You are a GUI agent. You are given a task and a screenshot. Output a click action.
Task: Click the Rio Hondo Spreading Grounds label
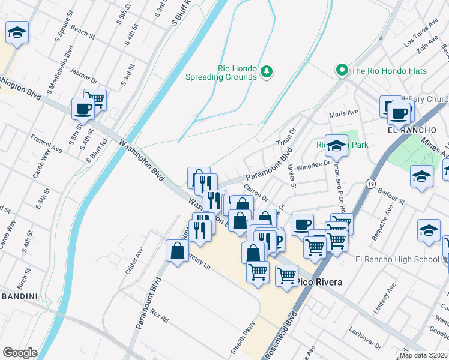pos(221,72)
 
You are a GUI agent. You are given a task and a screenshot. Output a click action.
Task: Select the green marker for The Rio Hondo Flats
pos(342,71)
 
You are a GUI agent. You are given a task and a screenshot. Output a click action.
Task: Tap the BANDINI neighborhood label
pos(19,296)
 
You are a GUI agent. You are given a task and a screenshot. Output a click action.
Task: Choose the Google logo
pos(20,353)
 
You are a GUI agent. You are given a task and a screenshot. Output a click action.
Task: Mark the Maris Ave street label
pos(343,113)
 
